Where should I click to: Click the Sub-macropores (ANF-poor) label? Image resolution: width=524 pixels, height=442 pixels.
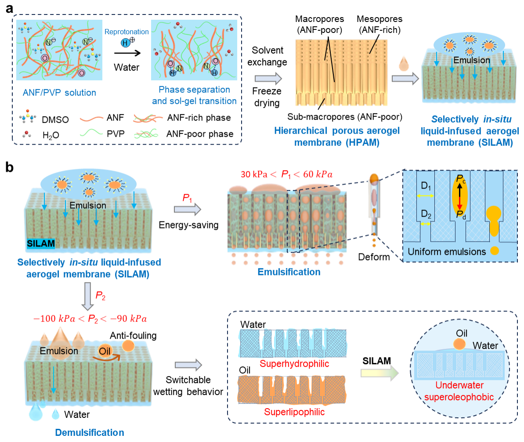pyautogui.click(x=345, y=117)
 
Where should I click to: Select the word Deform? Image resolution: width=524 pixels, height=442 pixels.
pyautogui.click(x=373, y=257)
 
